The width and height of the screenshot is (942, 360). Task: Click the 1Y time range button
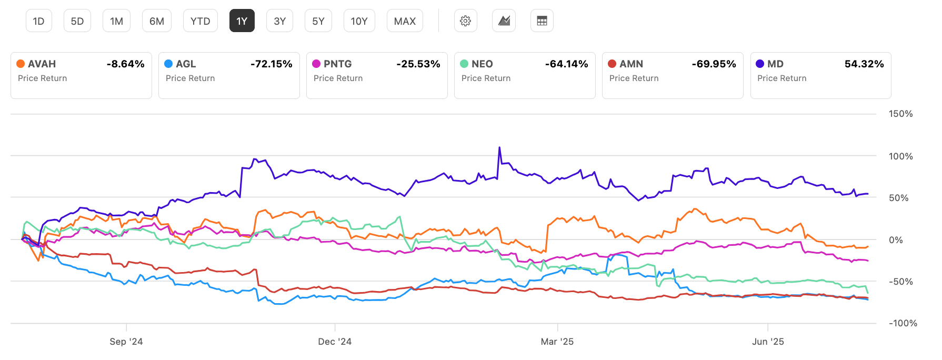pos(242,21)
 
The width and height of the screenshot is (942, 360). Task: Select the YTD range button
pos(200,21)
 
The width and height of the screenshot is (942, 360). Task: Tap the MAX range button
pos(405,21)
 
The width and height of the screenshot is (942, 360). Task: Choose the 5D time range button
pos(77,21)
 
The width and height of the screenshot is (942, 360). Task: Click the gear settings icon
pos(465,21)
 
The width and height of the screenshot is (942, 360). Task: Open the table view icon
pos(542,21)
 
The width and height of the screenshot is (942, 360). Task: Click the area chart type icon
pos(504,21)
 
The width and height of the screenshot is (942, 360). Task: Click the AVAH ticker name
pos(42,64)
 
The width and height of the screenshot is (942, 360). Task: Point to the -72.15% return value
pos(271,64)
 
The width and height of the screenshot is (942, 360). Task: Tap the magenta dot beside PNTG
pos(316,64)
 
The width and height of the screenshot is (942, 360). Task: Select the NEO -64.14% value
pos(566,64)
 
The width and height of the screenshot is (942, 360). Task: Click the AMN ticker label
pos(631,64)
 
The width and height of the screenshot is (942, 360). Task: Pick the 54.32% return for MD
pos(864,64)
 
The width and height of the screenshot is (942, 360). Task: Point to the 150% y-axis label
pos(900,114)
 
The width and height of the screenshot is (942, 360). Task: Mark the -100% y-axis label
pos(903,323)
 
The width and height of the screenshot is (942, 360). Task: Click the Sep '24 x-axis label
pos(126,342)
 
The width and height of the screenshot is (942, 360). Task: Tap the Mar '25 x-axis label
pos(557,342)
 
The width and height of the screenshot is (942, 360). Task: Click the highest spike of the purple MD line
pos(499,148)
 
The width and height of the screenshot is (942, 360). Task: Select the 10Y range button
pos(359,21)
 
